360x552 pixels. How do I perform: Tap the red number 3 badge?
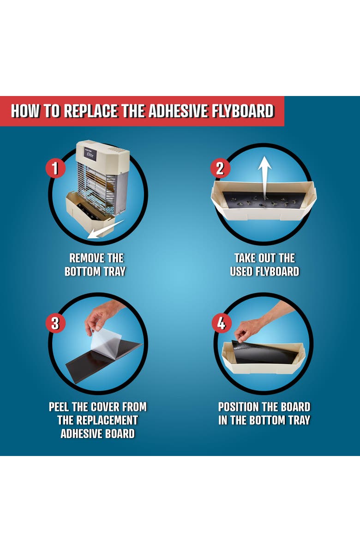[55, 323]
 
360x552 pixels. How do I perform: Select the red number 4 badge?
[221, 323]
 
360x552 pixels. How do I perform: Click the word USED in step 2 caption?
[241, 271]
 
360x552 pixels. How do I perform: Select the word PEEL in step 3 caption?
[60, 407]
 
